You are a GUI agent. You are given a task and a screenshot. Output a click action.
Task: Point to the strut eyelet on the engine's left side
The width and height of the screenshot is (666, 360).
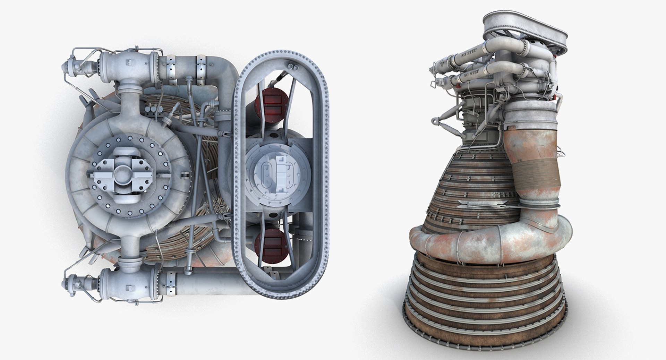tap(434, 120)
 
